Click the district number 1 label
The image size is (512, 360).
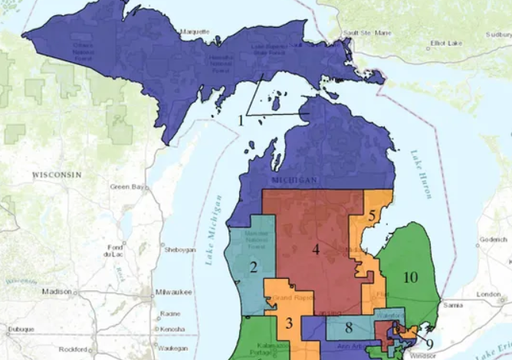tap(241, 120)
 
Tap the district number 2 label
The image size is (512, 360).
tap(252, 267)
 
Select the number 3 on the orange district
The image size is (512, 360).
tap(289, 322)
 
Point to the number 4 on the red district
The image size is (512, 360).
tap(315, 249)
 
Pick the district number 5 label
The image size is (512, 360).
tap(371, 216)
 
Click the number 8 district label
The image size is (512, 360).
tap(348, 329)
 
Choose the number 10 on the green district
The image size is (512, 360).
tap(410, 277)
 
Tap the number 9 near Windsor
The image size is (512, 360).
tap(430, 343)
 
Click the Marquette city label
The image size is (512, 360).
tap(194, 31)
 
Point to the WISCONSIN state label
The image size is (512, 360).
tap(57, 175)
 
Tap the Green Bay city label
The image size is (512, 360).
tap(125, 186)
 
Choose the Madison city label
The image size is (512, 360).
tap(57, 291)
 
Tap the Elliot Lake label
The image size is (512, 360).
tap(444, 43)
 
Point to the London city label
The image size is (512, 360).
tap(487, 294)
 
